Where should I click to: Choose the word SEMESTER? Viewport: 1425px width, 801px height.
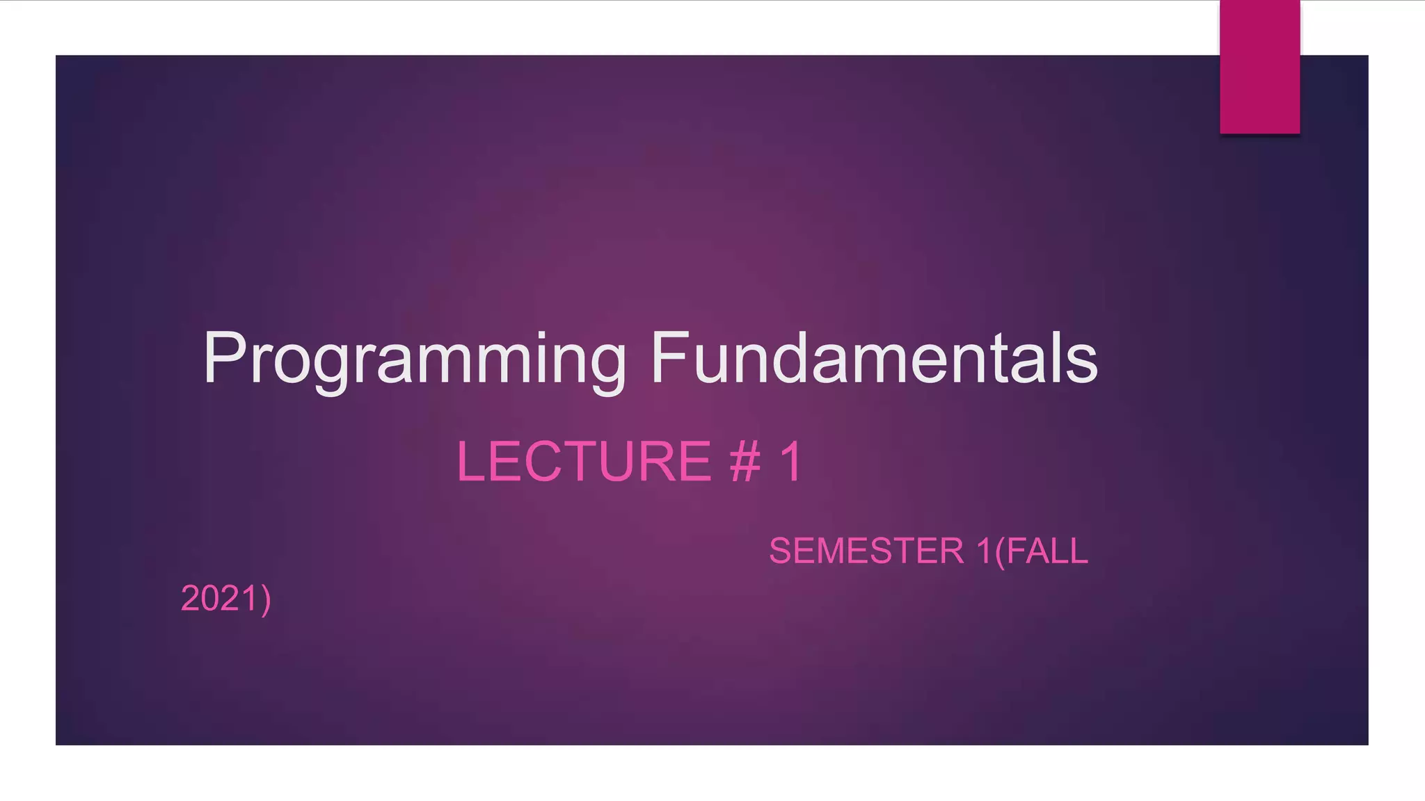tap(866, 551)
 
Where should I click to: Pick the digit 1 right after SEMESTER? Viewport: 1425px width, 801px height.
tap(984, 551)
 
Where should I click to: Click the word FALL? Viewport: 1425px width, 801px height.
tap(1047, 551)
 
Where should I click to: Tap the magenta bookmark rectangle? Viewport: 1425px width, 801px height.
tap(1259, 67)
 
